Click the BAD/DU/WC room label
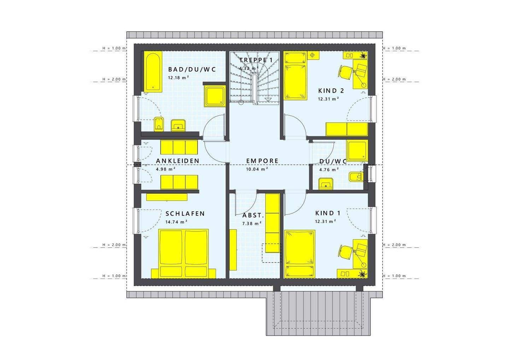(x=192, y=69)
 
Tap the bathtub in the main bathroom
(x=153, y=71)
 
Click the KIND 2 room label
(x=331, y=90)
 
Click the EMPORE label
(x=262, y=161)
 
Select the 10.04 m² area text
(x=257, y=169)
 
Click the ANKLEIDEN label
(x=177, y=161)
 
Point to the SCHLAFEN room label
(x=185, y=213)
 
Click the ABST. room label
(x=253, y=215)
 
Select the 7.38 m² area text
(x=252, y=223)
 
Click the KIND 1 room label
(x=328, y=213)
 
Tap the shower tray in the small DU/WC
(x=357, y=150)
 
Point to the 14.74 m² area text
(x=176, y=222)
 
